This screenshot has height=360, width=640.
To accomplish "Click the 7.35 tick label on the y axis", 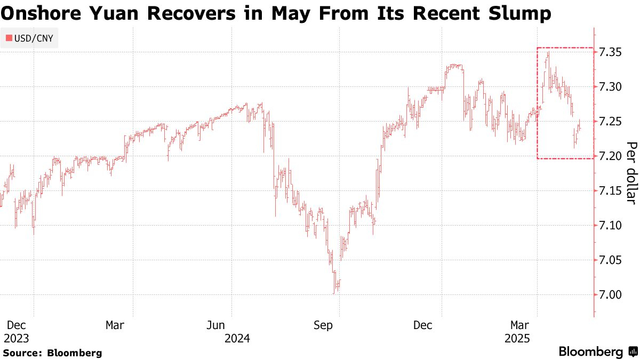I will (610, 52).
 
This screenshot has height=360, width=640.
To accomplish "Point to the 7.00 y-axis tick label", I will (610, 295).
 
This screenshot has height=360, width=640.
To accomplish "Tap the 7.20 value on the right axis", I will (610, 156).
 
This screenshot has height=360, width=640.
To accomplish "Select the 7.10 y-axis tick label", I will (610, 226).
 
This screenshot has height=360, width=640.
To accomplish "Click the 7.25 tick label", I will (610, 122).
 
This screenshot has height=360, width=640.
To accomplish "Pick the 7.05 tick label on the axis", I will (610, 260).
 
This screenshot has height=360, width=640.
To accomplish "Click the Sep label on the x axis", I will (323, 325).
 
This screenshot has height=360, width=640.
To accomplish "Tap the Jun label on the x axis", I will (217, 325).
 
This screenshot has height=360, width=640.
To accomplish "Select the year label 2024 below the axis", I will (237, 338).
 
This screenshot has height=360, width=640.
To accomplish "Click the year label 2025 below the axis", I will (517, 338).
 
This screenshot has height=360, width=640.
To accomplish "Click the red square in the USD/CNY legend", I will (9, 38).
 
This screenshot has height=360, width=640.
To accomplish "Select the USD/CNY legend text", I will (34, 38).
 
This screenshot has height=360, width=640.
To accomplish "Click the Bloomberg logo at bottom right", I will (597, 352).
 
